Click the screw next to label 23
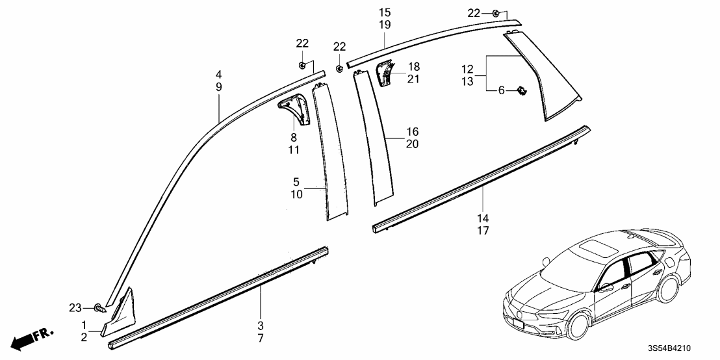tap(99, 307)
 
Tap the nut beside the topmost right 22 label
tap(496, 14)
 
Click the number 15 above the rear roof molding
tap(385, 12)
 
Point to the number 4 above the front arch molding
tap(219, 73)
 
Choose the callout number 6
tap(501, 92)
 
